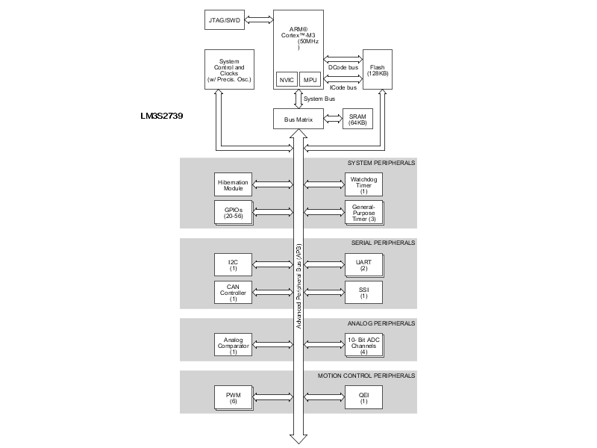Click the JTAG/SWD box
pos(225,19)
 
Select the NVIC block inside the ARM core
pos(286,79)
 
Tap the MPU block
pos(309,79)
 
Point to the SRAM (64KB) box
pos(357,119)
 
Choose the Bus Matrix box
pos(298,119)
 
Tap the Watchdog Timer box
pos(363,184)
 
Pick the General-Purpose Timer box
pos(363,212)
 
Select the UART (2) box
pos(363,264)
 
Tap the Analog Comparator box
pos(233,344)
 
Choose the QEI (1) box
pos(363,397)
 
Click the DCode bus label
pos(343,68)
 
